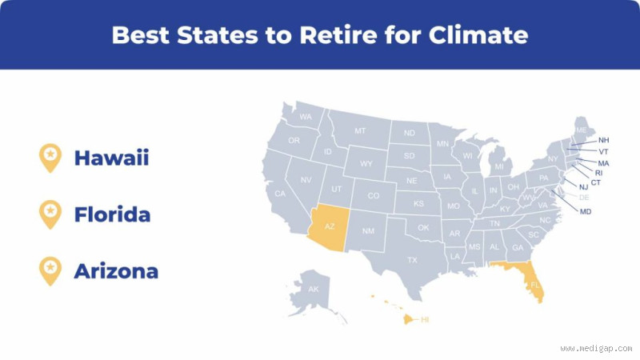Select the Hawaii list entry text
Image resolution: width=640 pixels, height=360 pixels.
(111, 158)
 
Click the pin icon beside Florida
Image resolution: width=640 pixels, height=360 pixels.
(50, 214)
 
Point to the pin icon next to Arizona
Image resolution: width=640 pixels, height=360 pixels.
(50, 270)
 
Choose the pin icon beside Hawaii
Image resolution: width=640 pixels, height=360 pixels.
(50, 157)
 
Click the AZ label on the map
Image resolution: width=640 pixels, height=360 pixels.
(329, 227)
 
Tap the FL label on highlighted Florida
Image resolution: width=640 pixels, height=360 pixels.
(535, 285)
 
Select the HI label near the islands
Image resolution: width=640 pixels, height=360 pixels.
(425, 319)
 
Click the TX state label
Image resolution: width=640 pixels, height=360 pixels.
(412, 260)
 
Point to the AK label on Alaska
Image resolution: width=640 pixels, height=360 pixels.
(313, 289)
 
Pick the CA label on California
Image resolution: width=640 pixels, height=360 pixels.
(280, 194)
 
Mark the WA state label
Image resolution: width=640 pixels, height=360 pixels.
(305, 117)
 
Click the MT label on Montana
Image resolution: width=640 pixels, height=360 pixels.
(360, 130)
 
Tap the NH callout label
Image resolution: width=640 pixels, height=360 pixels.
(603, 140)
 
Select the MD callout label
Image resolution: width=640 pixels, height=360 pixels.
(586, 211)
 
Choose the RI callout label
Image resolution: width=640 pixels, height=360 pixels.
(598, 173)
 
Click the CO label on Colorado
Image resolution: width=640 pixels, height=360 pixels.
(373, 195)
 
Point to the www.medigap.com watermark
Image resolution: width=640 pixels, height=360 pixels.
(596, 348)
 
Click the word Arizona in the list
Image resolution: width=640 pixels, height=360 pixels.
(116, 271)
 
